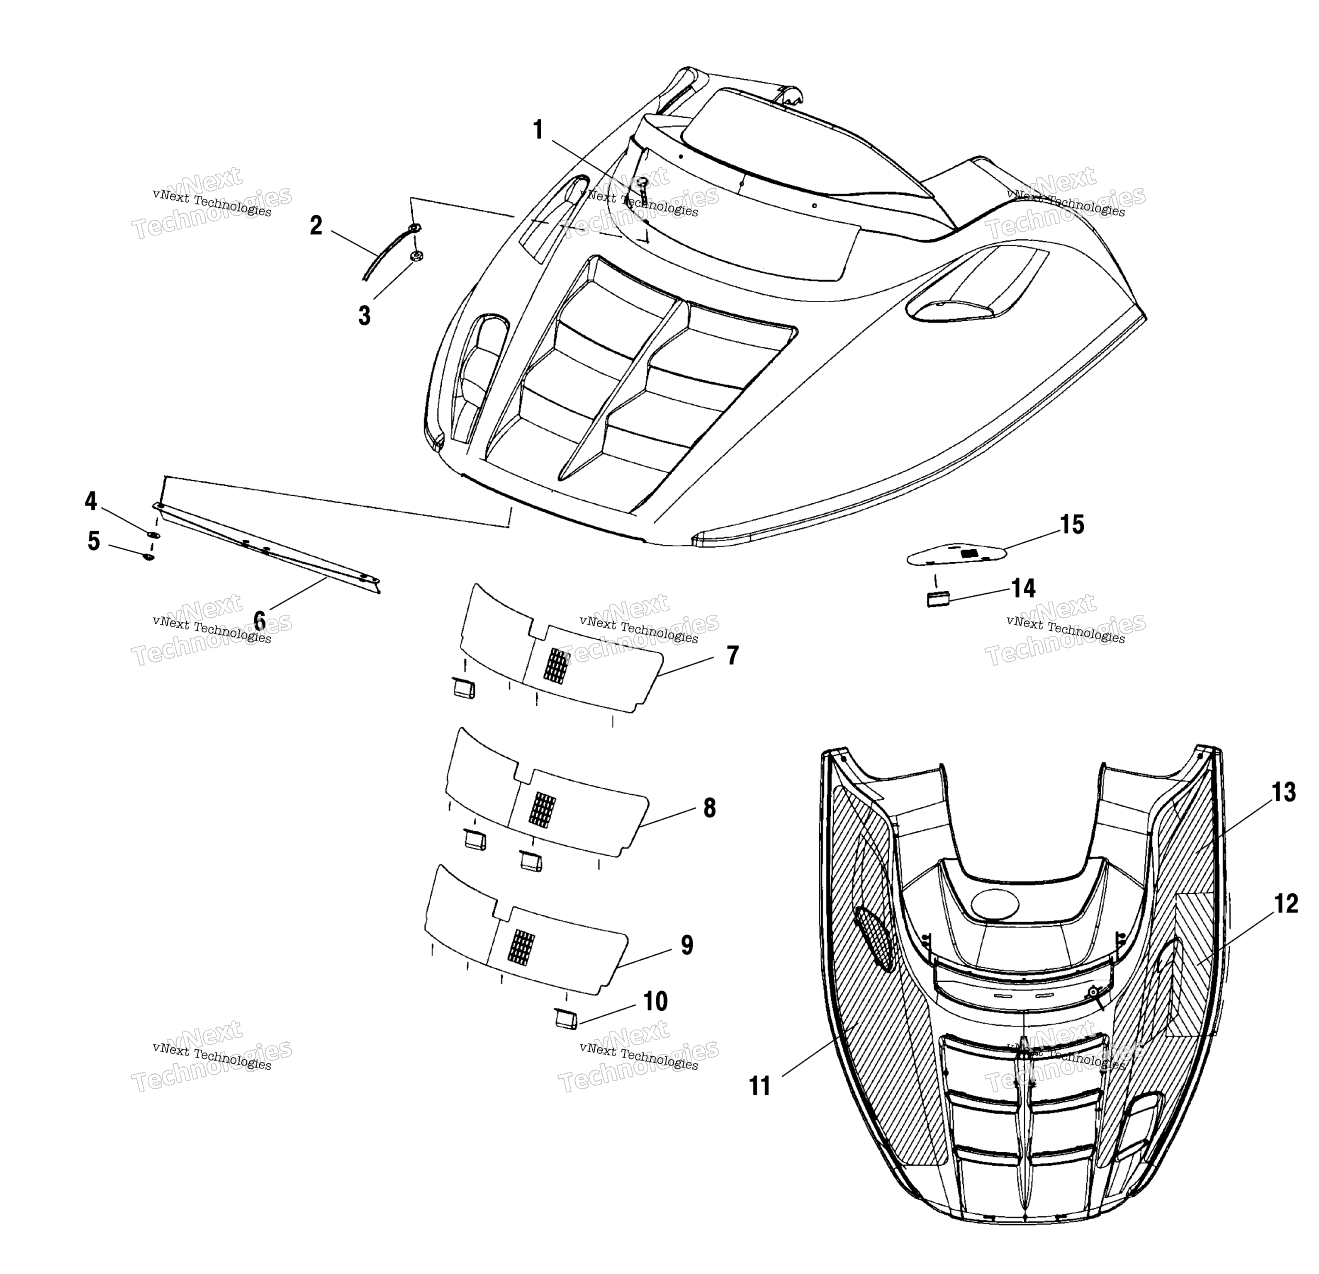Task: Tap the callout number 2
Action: tap(316, 226)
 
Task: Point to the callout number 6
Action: tap(259, 619)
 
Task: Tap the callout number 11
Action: tap(760, 1086)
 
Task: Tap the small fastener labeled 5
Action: tap(148, 556)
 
